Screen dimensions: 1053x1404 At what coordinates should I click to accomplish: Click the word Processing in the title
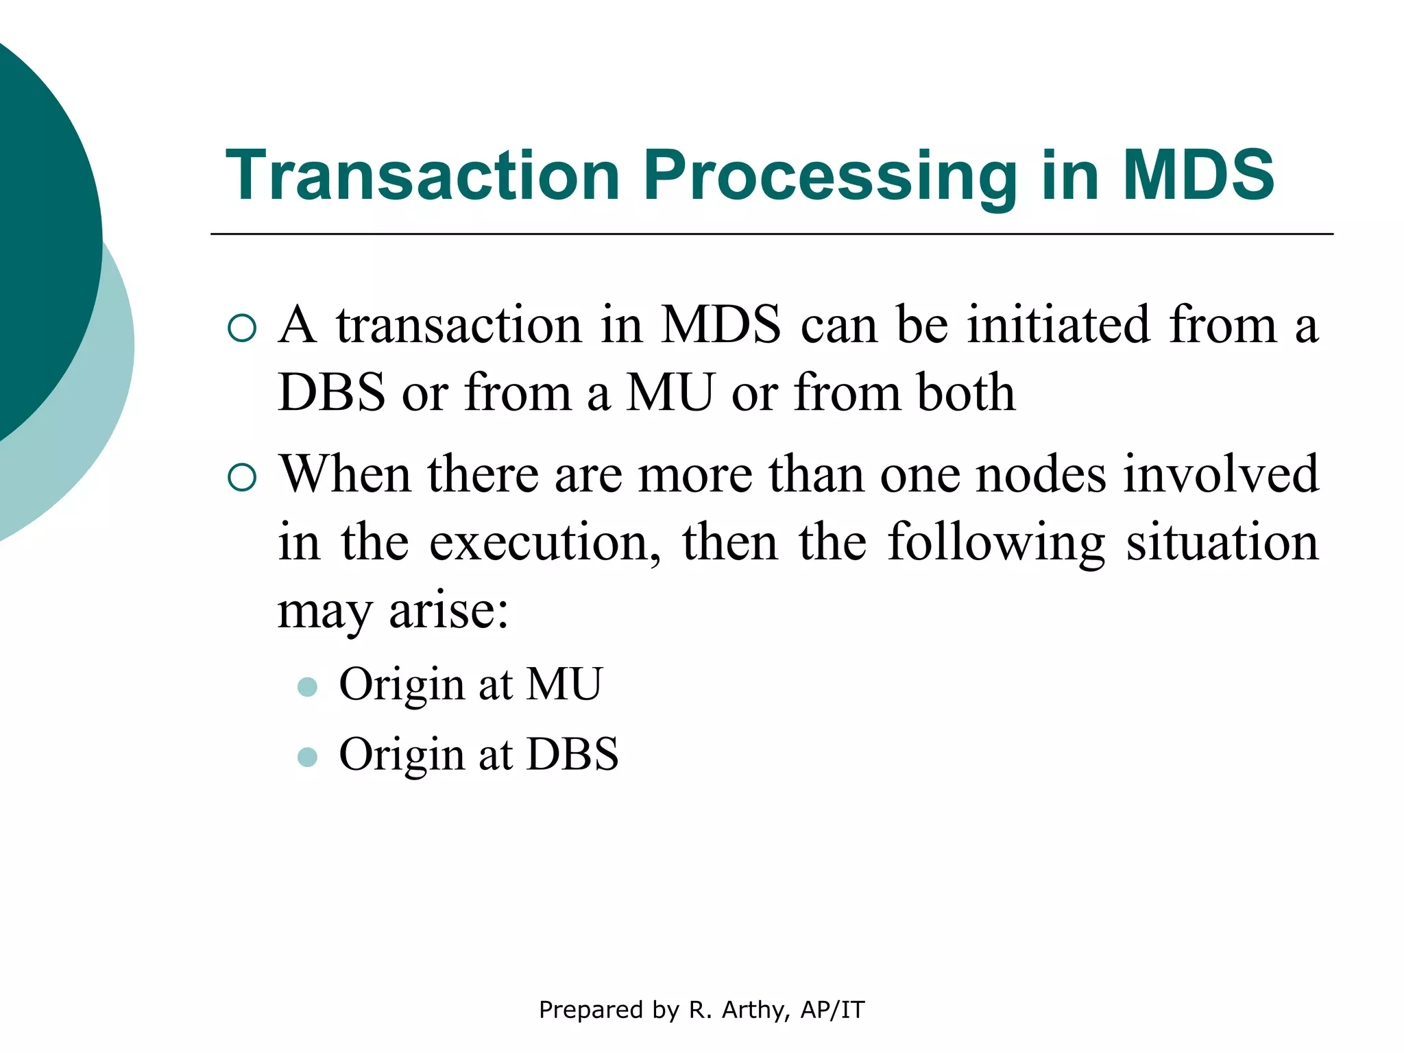click(830, 177)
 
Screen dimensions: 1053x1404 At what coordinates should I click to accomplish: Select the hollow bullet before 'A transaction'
click(241, 328)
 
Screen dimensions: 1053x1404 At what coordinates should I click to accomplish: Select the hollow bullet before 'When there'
click(241, 477)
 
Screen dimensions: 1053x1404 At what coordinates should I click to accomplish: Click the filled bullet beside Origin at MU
click(307, 687)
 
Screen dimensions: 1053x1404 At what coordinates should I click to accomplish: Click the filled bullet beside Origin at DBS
click(307, 757)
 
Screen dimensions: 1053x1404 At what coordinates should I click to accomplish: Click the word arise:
click(449, 610)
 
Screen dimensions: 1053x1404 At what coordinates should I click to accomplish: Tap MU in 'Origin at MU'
click(564, 684)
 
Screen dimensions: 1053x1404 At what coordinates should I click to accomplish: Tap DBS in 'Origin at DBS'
click(572, 754)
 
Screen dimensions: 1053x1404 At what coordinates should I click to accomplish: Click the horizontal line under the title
click(771, 234)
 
